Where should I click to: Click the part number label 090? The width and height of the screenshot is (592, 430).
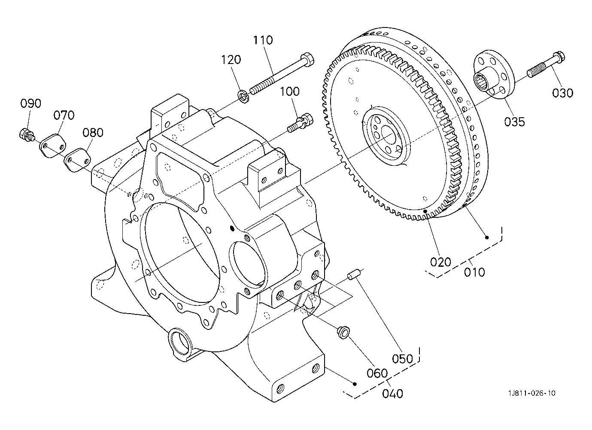point(30,104)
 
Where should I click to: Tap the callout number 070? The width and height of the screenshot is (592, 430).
point(64,115)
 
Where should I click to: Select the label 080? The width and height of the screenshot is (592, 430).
point(93,132)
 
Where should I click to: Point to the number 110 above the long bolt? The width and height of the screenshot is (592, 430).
point(263,40)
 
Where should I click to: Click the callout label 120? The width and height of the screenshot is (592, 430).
point(231,60)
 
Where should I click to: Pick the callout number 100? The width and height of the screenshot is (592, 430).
point(290,91)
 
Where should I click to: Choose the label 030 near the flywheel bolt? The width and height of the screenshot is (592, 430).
point(563,93)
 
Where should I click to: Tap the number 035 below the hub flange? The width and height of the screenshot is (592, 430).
point(514,122)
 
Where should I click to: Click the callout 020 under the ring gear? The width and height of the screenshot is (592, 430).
point(440,262)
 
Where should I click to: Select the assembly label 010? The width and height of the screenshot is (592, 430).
point(475,272)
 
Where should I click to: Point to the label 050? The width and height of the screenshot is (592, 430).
point(402,359)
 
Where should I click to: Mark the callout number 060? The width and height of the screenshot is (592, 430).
point(377,373)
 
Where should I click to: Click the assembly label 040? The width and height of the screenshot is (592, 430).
point(393,394)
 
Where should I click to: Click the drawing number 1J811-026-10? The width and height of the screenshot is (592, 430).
point(532,393)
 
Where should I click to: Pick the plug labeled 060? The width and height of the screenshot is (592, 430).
point(343,332)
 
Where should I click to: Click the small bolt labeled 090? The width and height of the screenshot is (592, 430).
point(27,134)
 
